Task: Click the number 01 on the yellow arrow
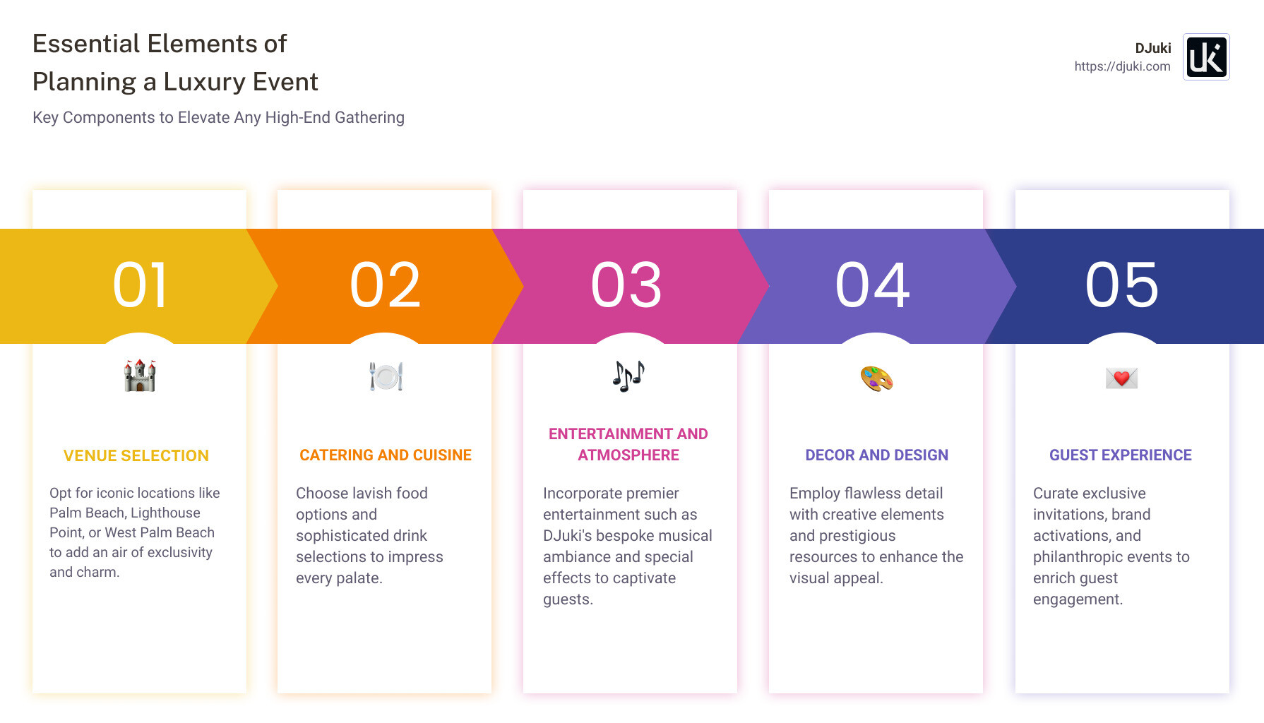pyautogui.click(x=140, y=285)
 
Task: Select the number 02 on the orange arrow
pyautogui.click(x=385, y=285)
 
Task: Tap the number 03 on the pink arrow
pyautogui.click(x=626, y=285)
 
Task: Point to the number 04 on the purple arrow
pyautogui.click(x=873, y=285)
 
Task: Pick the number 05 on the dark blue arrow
pyautogui.click(x=1122, y=285)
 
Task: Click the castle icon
pyautogui.click(x=140, y=376)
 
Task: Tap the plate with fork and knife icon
pyautogui.click(x=386, y=376)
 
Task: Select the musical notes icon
pyautogui.click(x=628, y=376)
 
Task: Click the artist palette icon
pyautogui.click(x=876, y=378)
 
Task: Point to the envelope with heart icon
pyautogui.click(x=1121, y=378)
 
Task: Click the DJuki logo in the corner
pyautogui.click(x=1206, y=57)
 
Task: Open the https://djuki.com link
pyautogui.click(x=1122, y=66)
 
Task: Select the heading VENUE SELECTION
pyautogui.click(x=136, y=456)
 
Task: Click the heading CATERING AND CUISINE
pyautogui.click(x=386, y=455)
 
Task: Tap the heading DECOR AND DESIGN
pyautogui.click(x=876, y=455)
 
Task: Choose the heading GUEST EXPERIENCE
pyautogui.click(x=1120, y=455)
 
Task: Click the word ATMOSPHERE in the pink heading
pyautogui.click(x=628, y=455)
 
